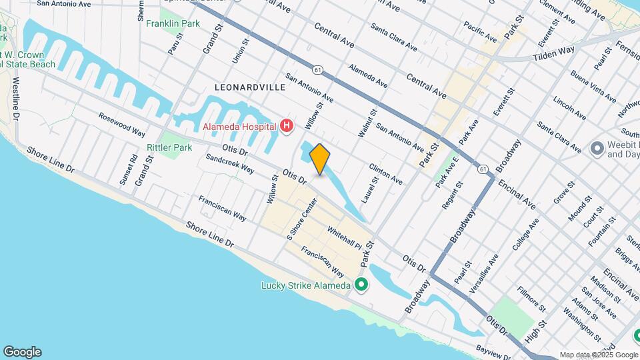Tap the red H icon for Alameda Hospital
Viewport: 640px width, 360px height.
(287, 126)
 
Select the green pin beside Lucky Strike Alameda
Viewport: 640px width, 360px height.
(361, 285)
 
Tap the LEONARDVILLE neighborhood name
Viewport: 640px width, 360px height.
(250, 87)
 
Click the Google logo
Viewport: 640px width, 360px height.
(22, 352)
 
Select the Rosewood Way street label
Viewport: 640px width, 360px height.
(122, 124)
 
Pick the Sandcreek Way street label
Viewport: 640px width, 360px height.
(229, 164)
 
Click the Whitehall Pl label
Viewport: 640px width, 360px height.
(343, 237)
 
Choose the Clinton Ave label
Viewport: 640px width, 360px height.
(386, 174)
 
